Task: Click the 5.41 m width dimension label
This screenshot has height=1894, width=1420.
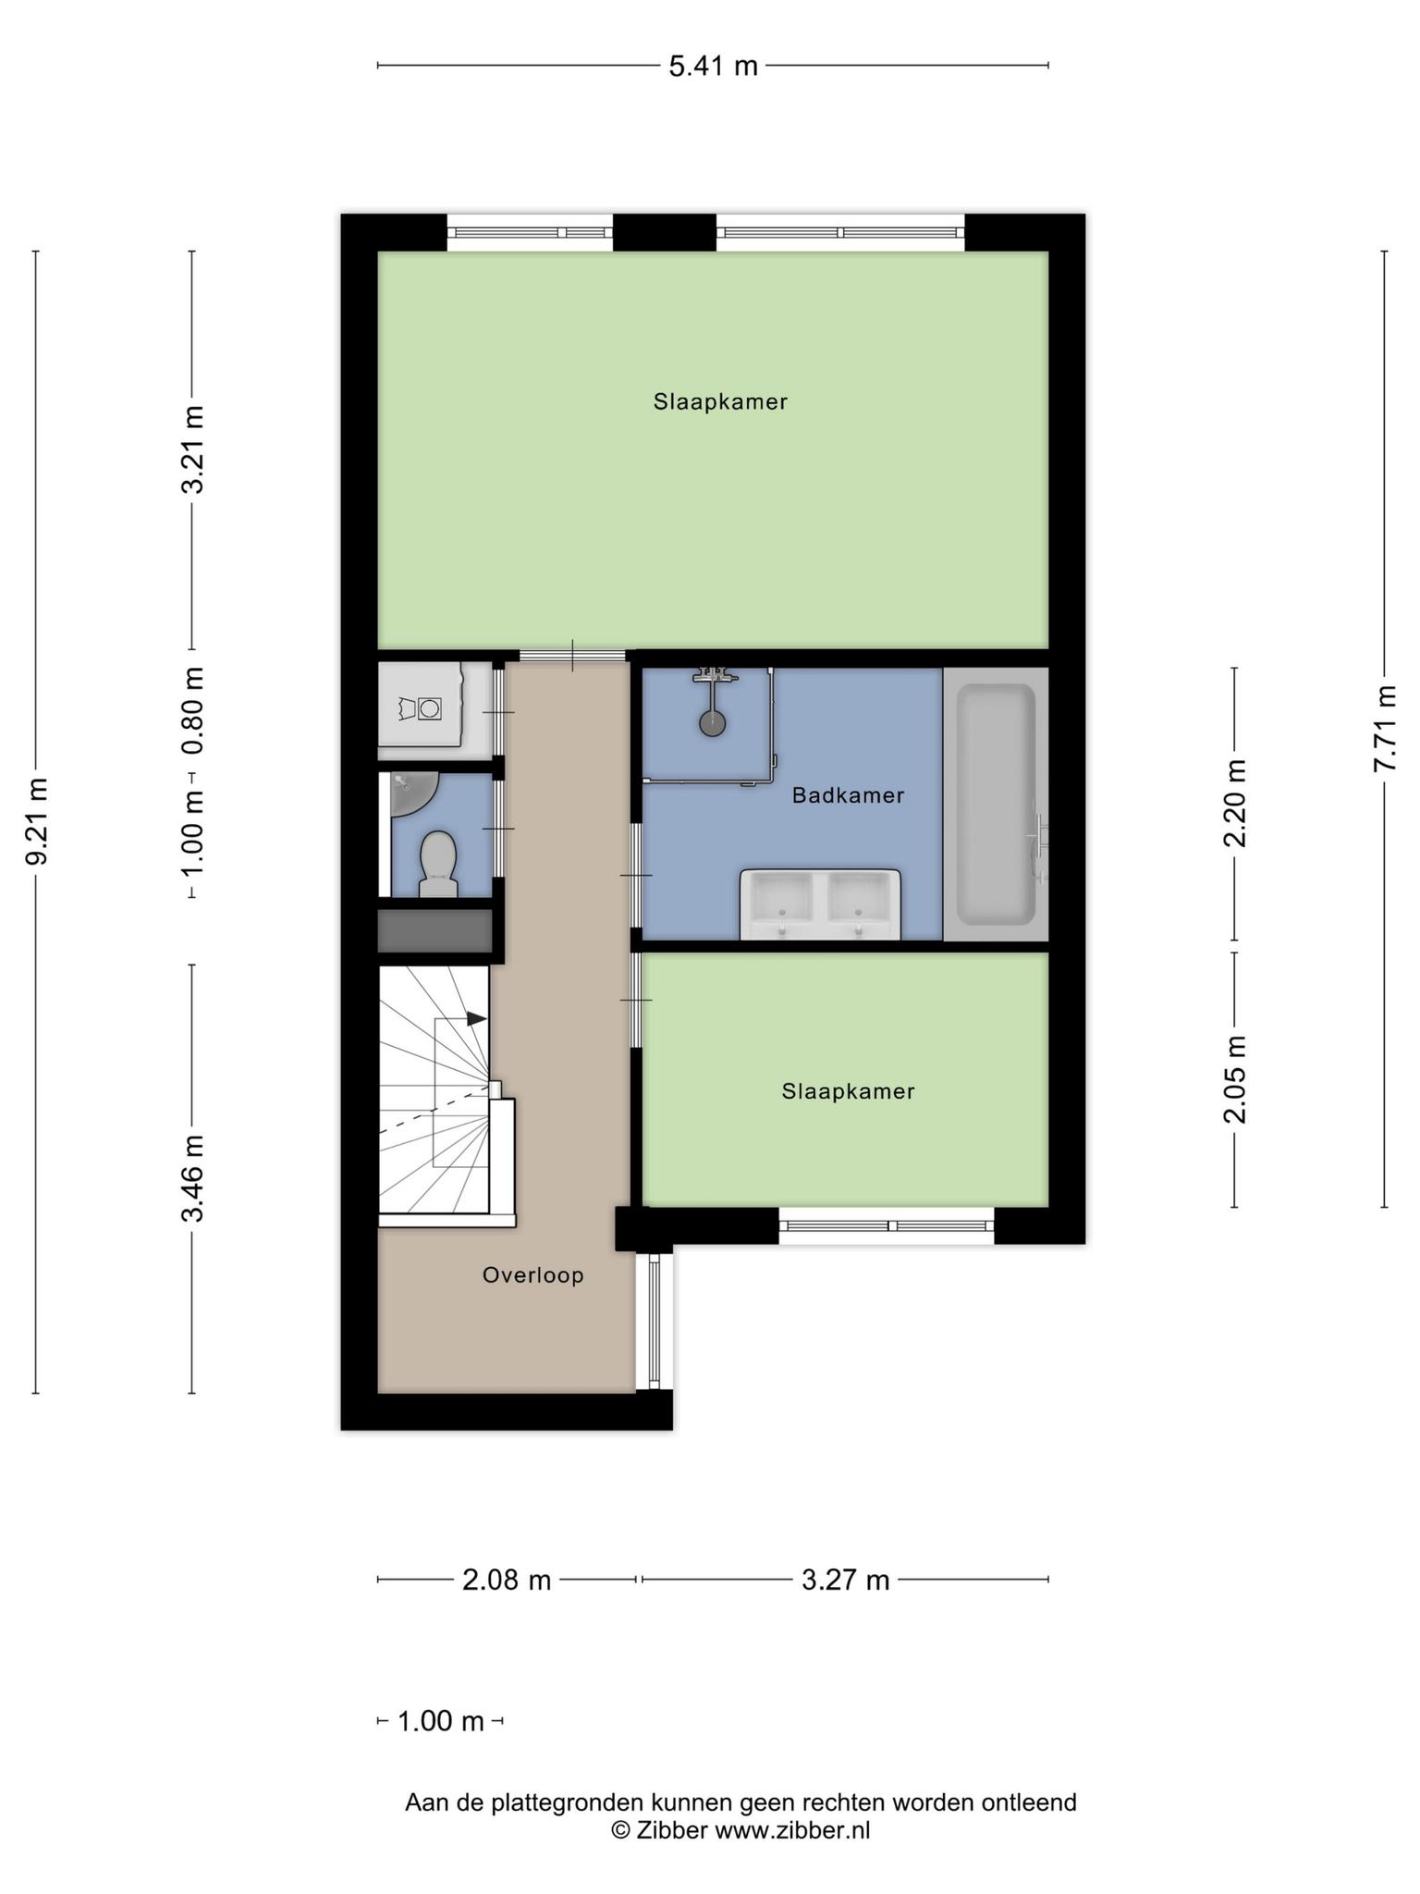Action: (x=713, y=66)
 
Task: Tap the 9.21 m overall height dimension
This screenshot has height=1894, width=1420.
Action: (x=36, y=821)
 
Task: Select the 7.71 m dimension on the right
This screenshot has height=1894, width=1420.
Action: (x=1384, y=729)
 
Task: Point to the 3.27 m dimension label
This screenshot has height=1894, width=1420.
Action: (x=845, y=1580)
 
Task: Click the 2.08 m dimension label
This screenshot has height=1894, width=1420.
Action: (x=507, y=1580)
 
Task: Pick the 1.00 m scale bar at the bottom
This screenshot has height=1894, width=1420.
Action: (x=440, y=1721)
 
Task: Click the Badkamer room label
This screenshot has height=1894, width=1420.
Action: (x=848, y=795)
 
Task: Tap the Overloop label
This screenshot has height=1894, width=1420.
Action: (x=533, y=1275)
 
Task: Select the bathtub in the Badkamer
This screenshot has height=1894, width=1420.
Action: (x=997, y=804)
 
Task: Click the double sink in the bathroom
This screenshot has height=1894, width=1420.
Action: (x=820, y=904)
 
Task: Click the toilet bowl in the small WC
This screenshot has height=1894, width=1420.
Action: (x=438, y=863)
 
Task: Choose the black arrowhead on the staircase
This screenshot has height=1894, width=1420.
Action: (x=476, y=1018)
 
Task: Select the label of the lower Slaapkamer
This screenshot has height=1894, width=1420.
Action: (x=848, y=1091)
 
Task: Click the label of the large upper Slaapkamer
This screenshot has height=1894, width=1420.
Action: (x=720, y=401)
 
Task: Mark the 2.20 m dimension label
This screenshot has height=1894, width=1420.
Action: (x=1235, y=803)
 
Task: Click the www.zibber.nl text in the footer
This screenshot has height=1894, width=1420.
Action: (x=792, y=1829)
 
